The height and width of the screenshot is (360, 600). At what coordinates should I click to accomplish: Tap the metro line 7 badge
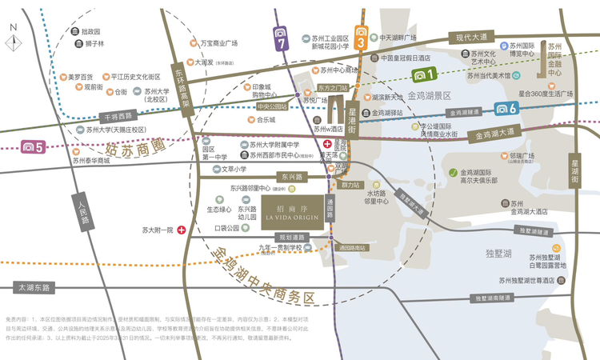coord(280,36)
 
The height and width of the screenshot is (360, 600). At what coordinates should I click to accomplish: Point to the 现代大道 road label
coord(472,38)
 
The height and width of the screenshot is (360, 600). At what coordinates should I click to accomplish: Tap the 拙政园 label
coord(92,31)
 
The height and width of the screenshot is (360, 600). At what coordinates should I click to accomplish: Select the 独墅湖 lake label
coord(498,253)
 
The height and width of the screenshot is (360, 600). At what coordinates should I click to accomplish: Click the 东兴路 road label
coord(272,177)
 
